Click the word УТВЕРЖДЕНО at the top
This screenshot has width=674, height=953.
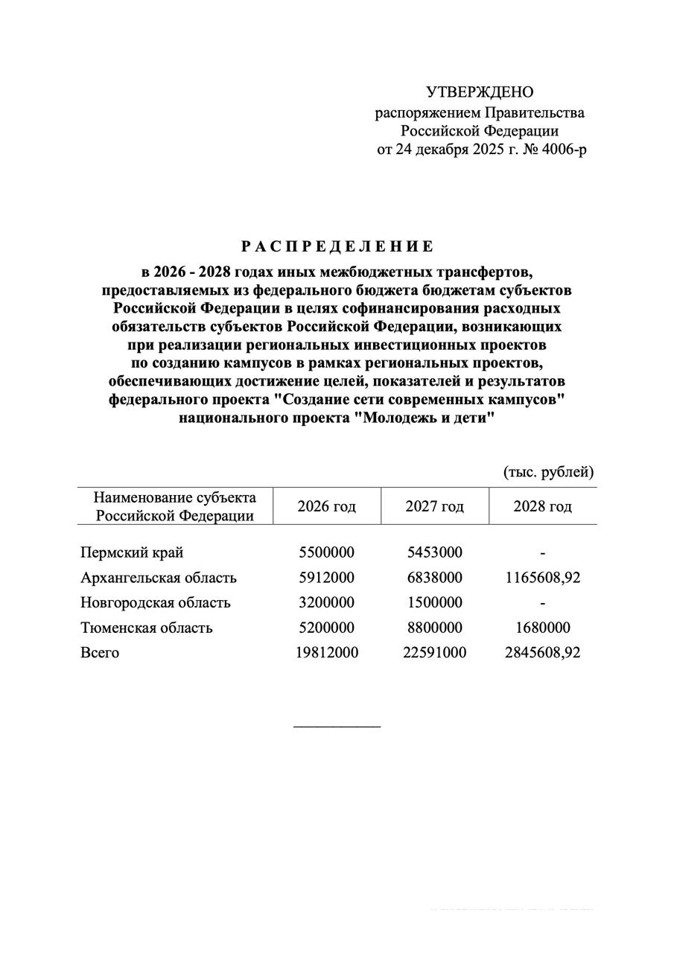[480, 92]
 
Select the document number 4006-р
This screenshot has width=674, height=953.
[561, 150]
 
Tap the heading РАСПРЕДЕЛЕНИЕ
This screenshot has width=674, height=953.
[337, 246]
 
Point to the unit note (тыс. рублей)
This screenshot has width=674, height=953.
[549, 472]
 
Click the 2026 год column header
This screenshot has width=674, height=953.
[326, 507]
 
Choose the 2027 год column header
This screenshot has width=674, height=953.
[434, 507]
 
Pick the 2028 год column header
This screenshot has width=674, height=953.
[542, 507]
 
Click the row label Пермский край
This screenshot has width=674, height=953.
[132, 552]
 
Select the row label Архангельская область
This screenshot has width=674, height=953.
[159, 578]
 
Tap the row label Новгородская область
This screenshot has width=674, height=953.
[156, 602]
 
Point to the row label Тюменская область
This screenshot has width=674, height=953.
[147, 628]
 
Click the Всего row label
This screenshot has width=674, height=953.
[100, 653]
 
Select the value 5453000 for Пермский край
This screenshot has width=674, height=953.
[434, 552]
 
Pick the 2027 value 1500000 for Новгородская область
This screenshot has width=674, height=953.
[434, 602]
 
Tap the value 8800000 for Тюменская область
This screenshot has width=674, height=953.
[434, 628]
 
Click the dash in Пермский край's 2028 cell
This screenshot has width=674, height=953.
[543, 553]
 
